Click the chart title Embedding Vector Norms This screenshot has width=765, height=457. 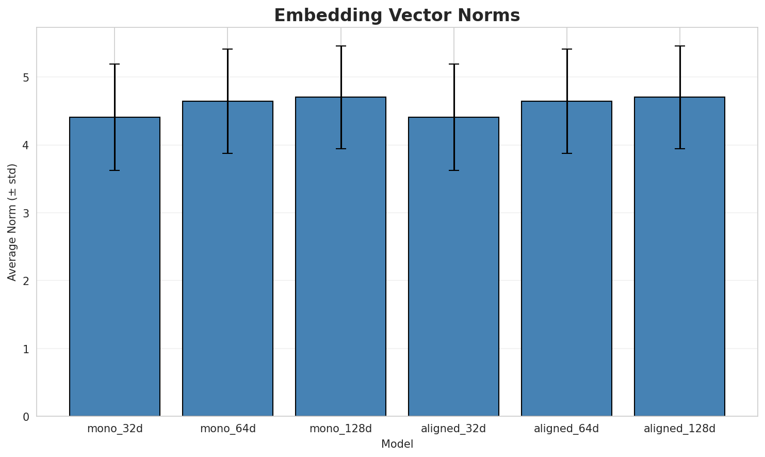pos(397,15)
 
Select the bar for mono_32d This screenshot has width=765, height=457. pos(115,269)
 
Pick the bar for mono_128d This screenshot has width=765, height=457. pos(340,258)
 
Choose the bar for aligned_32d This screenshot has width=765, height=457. pos(453,269)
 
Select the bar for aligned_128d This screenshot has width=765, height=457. pos(679,258)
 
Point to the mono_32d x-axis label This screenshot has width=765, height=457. pos(115,429)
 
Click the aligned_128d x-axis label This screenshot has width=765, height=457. pos(679,429)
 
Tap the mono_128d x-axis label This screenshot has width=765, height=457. pos(340,429)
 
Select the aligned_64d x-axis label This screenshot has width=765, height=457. pos(566,429)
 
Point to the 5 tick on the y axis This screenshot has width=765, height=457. pos(26,77)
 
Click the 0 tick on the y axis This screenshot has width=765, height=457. pos(26,417)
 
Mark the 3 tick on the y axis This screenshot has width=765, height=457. pos(26,213)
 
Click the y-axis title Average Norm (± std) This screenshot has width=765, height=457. pos(12,222)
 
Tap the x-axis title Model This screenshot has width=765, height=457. pos(397,445)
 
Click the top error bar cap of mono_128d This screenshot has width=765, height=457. pos(340,46)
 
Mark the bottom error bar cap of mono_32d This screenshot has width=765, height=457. pos(115,170)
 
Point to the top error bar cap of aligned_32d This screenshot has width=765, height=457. pos(453,64)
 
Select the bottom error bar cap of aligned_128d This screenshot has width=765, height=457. pos(679,149)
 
